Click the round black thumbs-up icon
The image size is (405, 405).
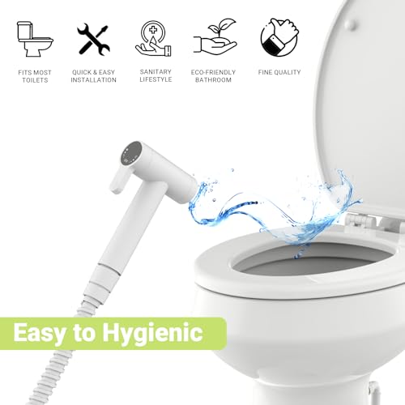(280, 36)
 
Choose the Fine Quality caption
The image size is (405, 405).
(280, 72)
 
